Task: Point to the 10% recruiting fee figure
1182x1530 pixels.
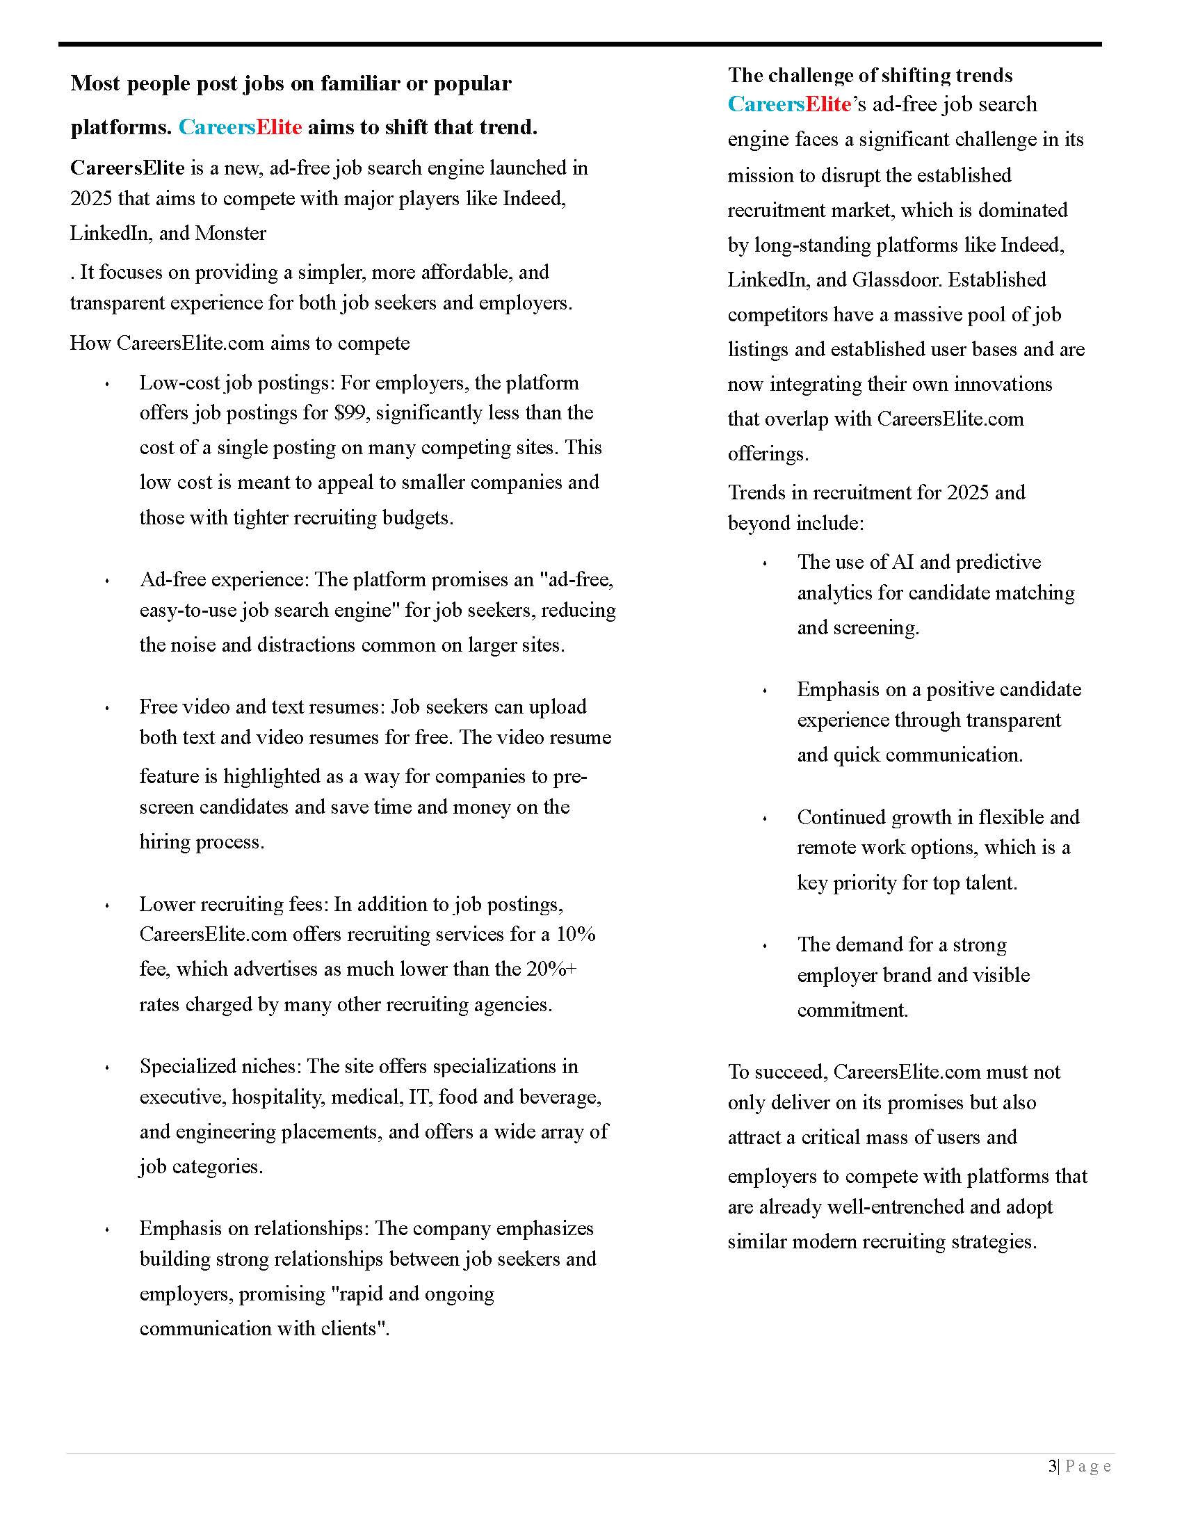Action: (576, 934)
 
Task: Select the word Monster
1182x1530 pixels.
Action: (230, 232)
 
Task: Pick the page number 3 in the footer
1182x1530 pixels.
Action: (1053, 1466)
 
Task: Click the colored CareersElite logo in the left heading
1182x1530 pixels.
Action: (240, 127)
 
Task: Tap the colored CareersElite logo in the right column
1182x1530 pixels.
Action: (789, 104)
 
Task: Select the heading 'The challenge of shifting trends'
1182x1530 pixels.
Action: (870, 75)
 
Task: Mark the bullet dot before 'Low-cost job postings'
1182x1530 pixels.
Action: (107, 384)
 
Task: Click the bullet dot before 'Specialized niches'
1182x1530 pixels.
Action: (107, 1068)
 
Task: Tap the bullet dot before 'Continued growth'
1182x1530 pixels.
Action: (765, 819)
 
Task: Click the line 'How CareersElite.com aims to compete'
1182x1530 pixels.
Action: (239, 343)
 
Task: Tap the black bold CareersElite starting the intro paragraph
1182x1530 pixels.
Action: (127, 168)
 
